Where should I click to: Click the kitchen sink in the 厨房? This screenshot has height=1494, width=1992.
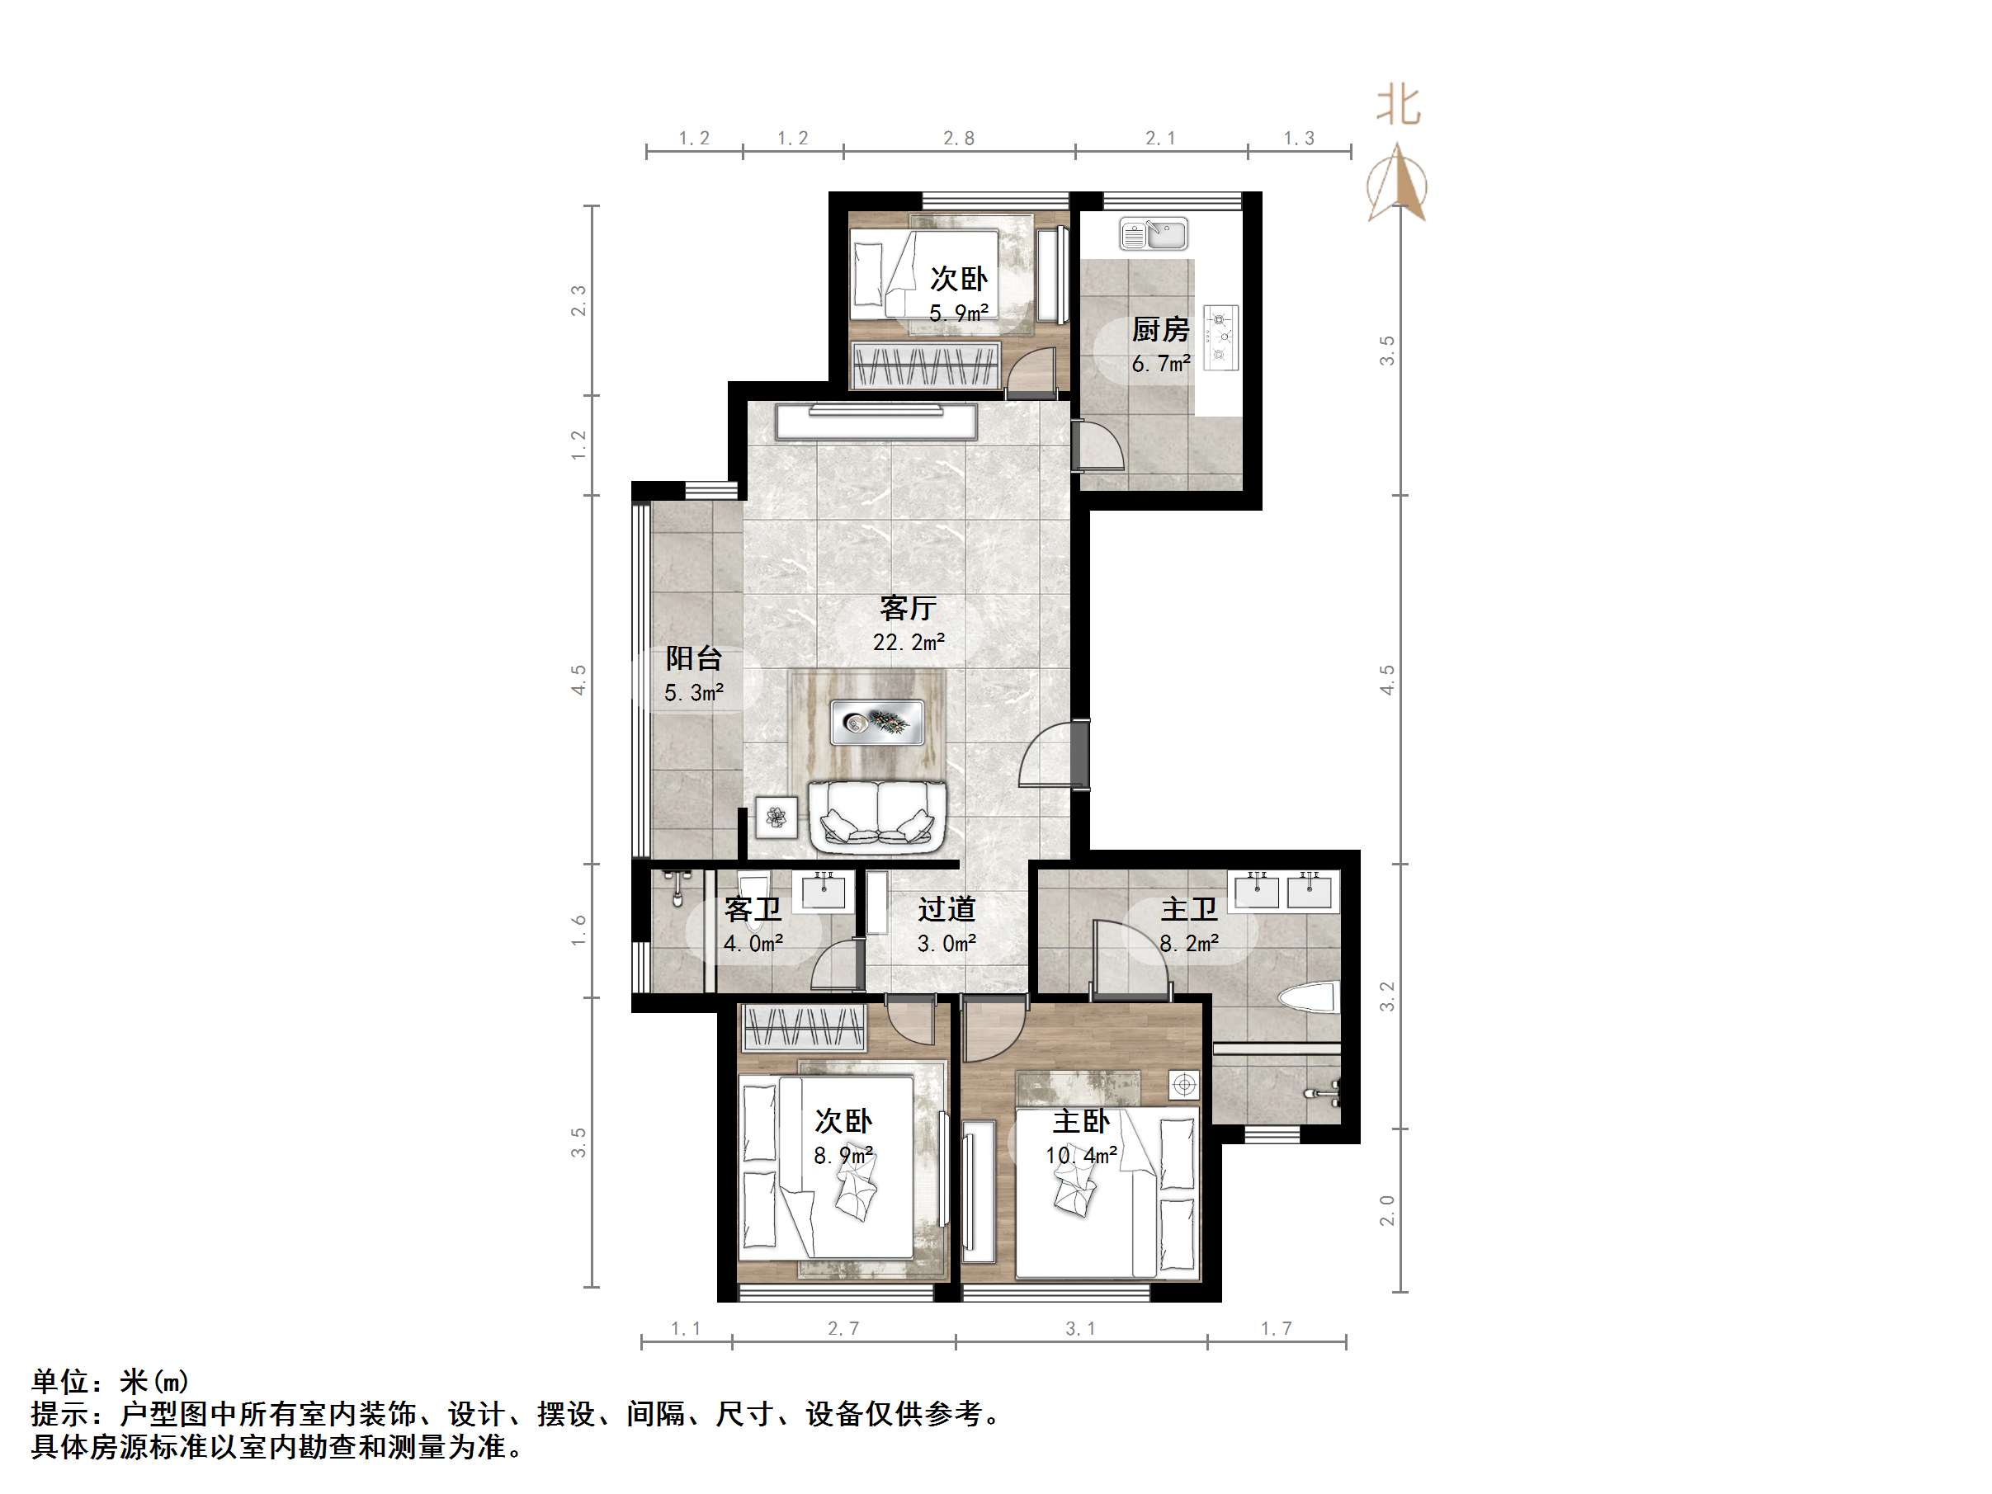point(1154,235)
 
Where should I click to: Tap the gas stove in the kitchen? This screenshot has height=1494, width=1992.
point(1221,337)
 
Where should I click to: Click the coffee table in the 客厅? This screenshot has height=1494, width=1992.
point(878,721)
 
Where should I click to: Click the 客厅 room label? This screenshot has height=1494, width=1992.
point(908,609)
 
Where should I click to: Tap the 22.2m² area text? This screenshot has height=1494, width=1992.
point(908,642)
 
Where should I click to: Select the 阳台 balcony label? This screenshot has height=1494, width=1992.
point(693,658)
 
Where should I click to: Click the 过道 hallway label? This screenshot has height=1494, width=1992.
point(946,910)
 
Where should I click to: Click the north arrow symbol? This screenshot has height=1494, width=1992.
point(1397,183)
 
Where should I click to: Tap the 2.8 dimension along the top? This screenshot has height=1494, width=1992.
point(958,138)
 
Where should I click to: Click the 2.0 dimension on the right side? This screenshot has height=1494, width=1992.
point(1387,1210)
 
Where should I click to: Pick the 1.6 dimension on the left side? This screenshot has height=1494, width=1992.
point(578,930)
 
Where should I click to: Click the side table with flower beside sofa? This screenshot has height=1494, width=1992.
point(777,818)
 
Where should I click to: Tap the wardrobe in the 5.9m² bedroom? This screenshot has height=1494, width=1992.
point(927,365)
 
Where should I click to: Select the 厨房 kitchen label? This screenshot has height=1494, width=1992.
point(1160,330)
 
